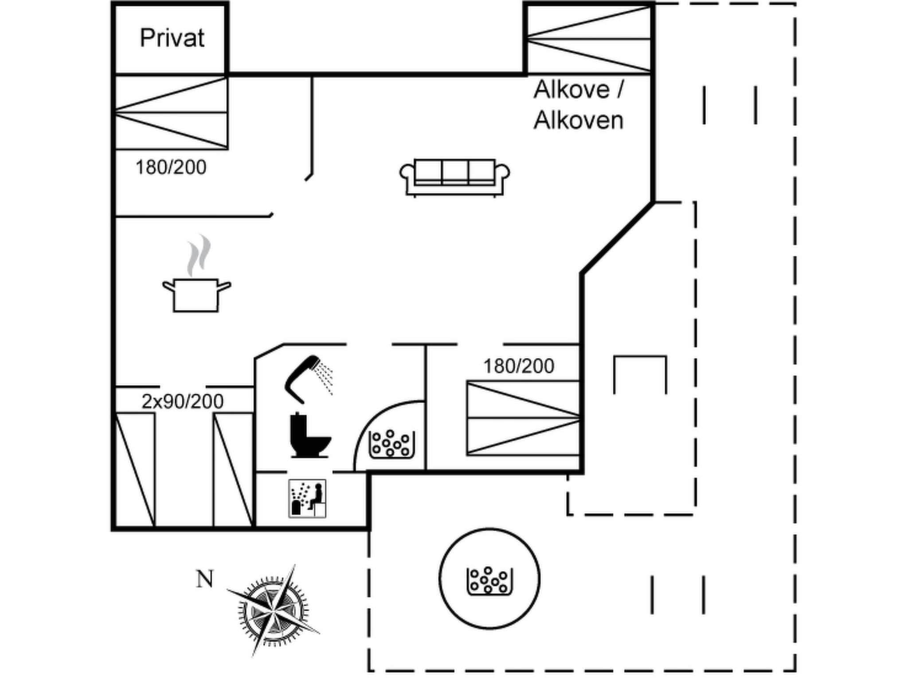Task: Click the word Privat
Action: (x=172, y=38)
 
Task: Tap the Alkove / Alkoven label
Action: (x=579, y=105)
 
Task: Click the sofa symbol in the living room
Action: (x=454, y=177)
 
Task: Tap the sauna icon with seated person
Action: (x=307, y=498)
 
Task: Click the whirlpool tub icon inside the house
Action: (x=391, y=444)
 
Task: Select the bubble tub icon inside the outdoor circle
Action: (x=489, y=580)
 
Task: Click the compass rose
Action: (x=274, y=611)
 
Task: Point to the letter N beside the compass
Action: (x=205, y=579)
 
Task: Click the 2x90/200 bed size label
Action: (x=183, y=401)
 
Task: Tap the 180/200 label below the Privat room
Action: (x=171, y=168)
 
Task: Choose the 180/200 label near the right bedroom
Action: (x=518, y=366)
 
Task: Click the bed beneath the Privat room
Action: (x=171, y=113)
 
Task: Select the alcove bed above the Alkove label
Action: (x=589, y=39)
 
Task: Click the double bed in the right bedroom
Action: (x=523, y=418)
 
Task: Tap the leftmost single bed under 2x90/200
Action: (x=135, y=470)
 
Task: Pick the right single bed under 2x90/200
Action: (x=233, y=470)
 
